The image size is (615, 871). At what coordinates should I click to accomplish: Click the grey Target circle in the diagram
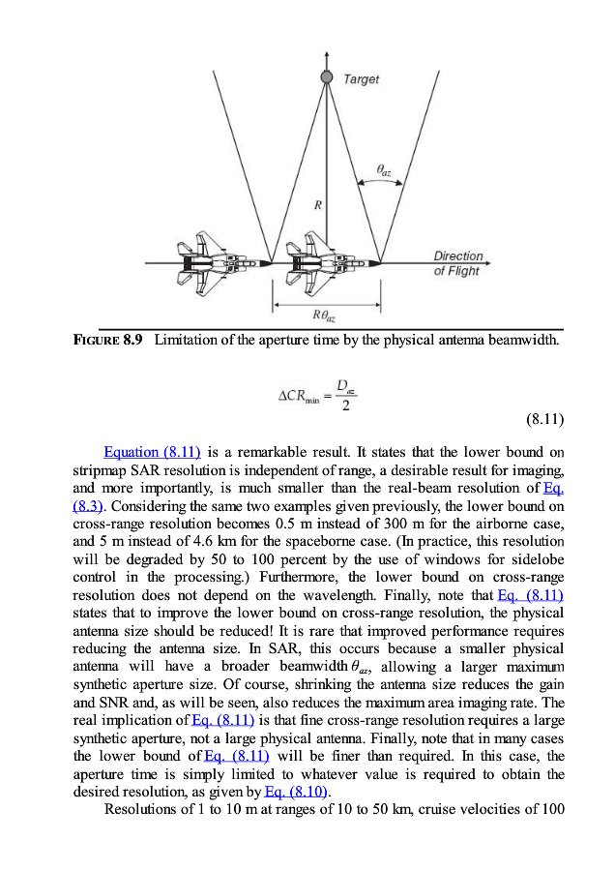coord(327,76)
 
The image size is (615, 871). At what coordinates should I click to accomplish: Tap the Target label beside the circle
coord(361,79)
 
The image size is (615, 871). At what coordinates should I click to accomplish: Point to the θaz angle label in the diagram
coord(384,171)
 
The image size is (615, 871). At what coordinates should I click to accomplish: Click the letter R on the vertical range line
coord(317,205)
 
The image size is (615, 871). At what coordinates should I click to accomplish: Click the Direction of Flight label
coord(457,264)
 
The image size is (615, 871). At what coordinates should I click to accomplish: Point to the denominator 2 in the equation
coord(345,405)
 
